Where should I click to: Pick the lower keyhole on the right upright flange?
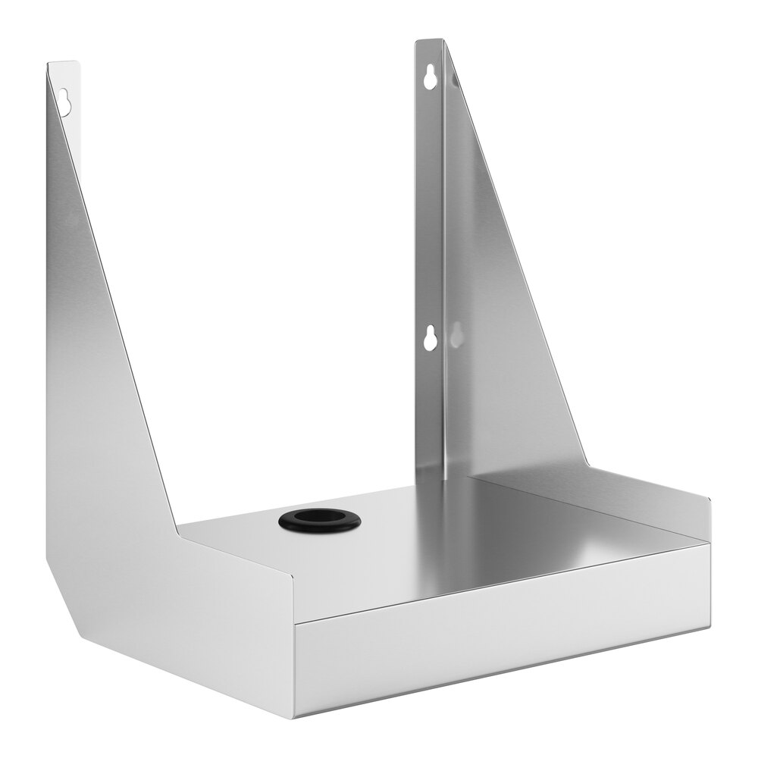point(430,338)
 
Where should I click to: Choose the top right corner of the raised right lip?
point(710,500)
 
